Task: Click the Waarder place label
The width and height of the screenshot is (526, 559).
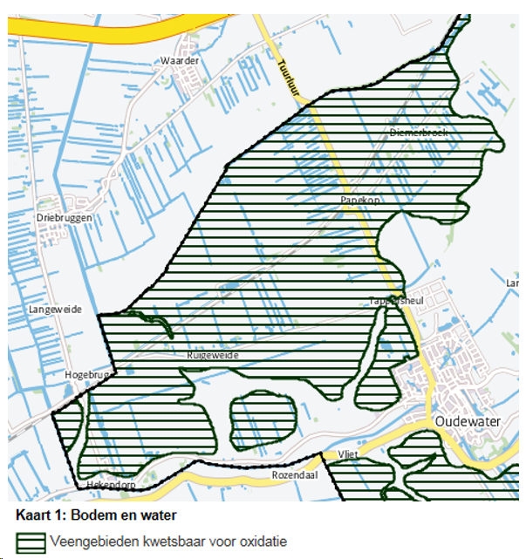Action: click(181, 61)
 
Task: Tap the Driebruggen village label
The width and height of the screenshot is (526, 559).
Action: click(64, 217)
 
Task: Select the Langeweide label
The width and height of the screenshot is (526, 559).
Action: click(53, 309)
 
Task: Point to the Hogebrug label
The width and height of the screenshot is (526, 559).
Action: click(85, 375)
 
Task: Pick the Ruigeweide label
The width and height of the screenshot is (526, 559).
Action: click(212, 356)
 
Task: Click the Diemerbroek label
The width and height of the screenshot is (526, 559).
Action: click(419, 133)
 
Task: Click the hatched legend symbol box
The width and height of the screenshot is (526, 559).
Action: click(31, 542)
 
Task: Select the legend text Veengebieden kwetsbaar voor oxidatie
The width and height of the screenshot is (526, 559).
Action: click(168, 542)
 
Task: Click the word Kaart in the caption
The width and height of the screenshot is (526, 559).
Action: click(34, 517)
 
